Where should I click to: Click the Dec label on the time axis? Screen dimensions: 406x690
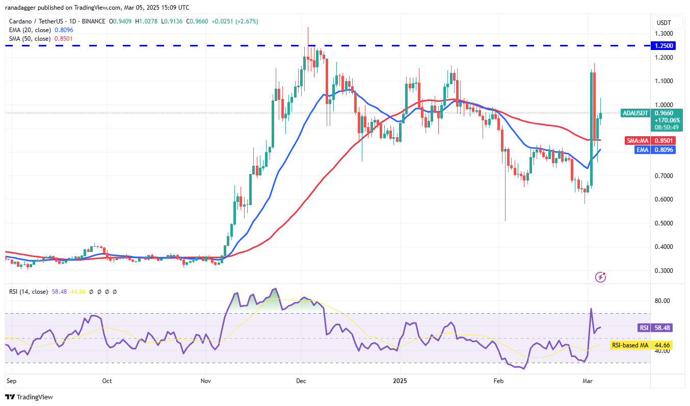pos(301,380)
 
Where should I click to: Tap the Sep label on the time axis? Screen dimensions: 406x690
pos(11,380)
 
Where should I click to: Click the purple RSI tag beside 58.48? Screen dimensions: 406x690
pos(644,327)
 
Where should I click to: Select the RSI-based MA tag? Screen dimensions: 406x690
pos(630,345)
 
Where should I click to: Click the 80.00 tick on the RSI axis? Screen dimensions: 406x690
pos(662,301)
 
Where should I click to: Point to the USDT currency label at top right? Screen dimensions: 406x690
pos(663,23)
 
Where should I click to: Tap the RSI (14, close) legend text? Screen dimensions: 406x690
pos(29,292)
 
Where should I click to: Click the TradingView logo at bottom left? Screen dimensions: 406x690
pos(29,397)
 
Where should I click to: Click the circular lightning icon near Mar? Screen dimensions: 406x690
pos(601,277)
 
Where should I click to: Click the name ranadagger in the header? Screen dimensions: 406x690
pos(25,8)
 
